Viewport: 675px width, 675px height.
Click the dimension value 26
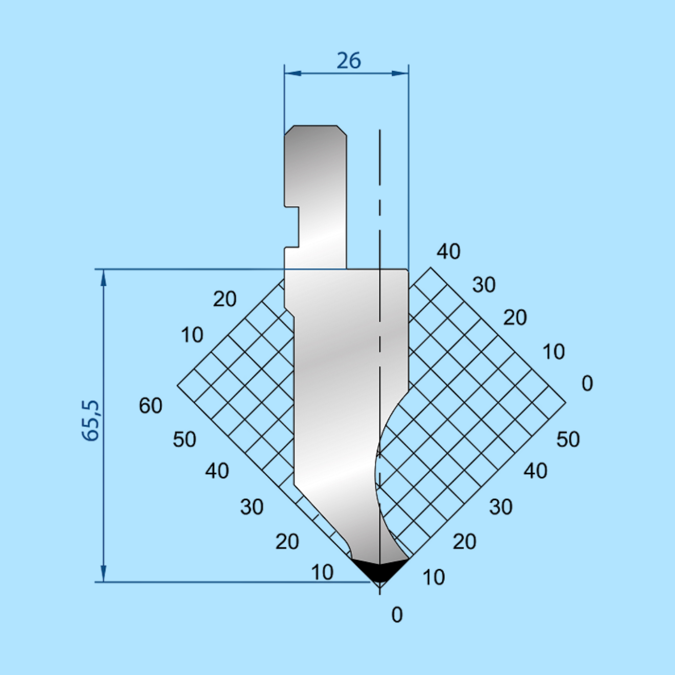coord(349,61)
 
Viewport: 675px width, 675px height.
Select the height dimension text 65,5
coord(91,420)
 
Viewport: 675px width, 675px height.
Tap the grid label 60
coord(151,406)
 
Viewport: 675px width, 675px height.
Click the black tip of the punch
coord(380,570)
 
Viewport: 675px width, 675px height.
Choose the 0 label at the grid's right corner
coord(588,383)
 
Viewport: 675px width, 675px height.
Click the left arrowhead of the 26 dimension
coord(293,73)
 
